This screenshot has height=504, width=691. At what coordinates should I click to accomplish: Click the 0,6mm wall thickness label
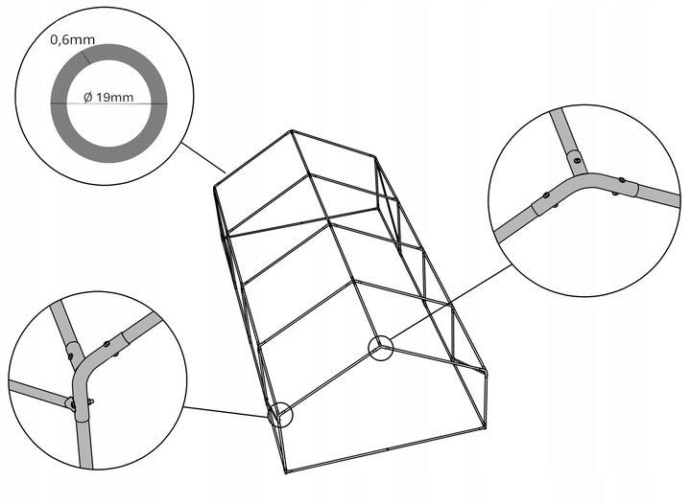tap(72, 40)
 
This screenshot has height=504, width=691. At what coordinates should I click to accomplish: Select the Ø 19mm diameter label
tap(108, 97)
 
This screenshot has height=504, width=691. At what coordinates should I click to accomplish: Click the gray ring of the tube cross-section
tap(108, 52)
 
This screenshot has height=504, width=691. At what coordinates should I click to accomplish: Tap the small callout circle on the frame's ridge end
tap(380, 348)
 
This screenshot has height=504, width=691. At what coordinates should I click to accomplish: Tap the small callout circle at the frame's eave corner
tap(280, 414)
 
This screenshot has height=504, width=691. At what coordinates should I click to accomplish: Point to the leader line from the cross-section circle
tap(203, 157)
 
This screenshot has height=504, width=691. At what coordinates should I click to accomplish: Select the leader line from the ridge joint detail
tap(451, 302)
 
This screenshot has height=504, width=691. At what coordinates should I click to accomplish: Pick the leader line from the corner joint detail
tap(226, 412)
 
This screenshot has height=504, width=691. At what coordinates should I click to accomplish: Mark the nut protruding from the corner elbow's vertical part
tap(90, 401)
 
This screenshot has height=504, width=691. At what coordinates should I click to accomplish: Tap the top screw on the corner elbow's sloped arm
tap(107, 344)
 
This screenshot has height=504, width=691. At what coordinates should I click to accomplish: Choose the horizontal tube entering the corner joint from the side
tap(38, 392)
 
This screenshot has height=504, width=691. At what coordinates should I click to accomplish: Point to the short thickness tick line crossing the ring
tap(85, 57)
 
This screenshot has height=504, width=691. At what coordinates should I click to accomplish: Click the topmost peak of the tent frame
tap(292, 130)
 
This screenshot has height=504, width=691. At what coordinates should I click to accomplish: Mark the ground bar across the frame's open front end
tap(385, 449)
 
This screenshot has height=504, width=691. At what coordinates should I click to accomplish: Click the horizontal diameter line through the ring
tap(108, 103)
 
